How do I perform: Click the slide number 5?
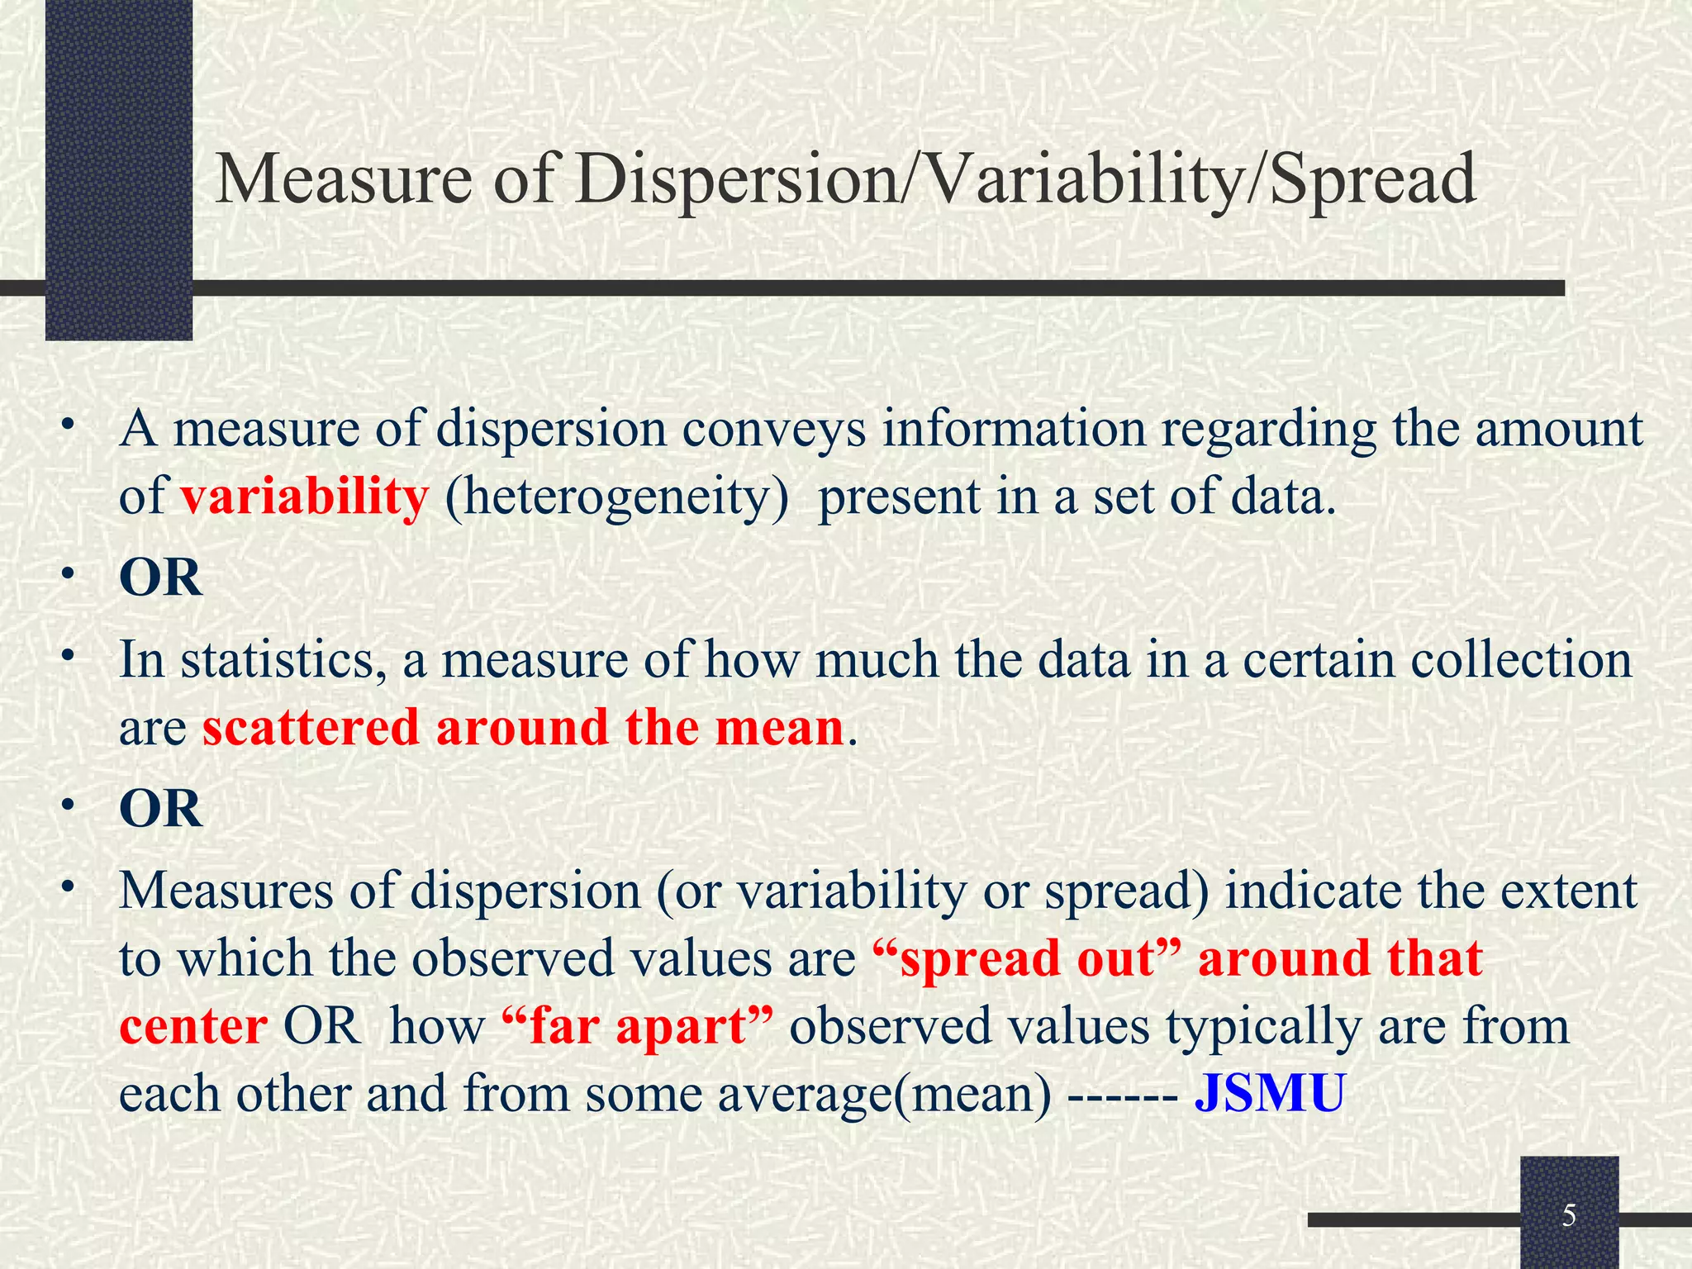pos(1569,1216)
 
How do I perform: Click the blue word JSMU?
pos(1270,1093)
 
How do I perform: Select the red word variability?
pos(304,497)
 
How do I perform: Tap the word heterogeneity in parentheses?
pos(616,499)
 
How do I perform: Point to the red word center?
pos(193,1027)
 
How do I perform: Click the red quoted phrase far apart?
pos(637,1025)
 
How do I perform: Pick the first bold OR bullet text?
pos(160,577)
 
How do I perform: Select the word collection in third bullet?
pos(1520,661)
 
